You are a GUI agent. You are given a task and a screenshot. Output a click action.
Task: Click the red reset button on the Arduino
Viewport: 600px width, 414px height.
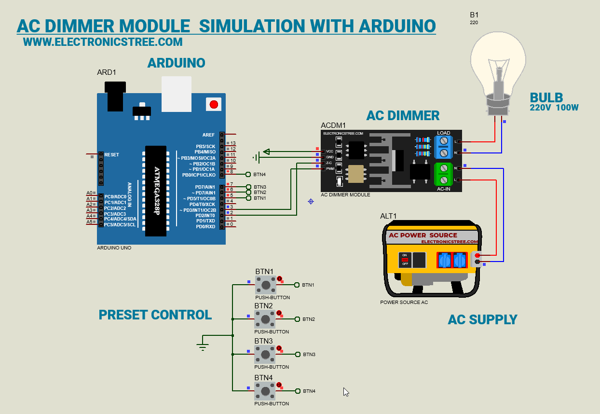pos(213,104)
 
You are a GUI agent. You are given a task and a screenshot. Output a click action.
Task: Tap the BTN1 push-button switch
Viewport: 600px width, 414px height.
pos(265,285)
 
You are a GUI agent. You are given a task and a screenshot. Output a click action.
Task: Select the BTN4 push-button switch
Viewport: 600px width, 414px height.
pos(265,390)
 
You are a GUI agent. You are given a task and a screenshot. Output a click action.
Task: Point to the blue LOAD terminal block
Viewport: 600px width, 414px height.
pos(443,147)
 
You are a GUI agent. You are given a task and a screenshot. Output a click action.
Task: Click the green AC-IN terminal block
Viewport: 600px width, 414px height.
pos(443,174)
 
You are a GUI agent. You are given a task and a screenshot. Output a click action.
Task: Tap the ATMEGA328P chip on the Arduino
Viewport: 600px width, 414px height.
pos(156,191)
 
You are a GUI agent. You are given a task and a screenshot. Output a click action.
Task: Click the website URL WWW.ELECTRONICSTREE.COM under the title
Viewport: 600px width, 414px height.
pos(103,42)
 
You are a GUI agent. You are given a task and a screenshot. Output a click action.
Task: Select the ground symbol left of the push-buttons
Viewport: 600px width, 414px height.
pos(203,345)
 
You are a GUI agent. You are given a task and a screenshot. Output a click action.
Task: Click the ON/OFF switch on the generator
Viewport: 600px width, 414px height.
pos(405,260)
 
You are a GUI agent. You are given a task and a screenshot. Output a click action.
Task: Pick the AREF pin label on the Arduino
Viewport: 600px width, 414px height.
pos(208,135)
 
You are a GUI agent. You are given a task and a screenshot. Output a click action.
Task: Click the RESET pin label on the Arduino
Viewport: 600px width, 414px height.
pos(111,155)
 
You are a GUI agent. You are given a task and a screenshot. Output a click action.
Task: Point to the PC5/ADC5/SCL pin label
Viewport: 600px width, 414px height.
pos(120,224)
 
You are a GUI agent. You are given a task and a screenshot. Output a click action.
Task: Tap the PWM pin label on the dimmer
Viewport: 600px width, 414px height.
pos(330,169)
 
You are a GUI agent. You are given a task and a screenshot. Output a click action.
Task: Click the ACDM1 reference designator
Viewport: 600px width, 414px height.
pos(333,125)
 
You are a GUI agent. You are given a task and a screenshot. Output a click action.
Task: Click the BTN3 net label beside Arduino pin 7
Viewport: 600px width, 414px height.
pos(260,187)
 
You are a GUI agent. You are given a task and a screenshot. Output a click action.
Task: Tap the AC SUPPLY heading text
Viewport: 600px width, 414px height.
pos(482,319)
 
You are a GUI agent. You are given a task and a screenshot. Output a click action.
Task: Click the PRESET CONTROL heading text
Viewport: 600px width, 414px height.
pos(155,315)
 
